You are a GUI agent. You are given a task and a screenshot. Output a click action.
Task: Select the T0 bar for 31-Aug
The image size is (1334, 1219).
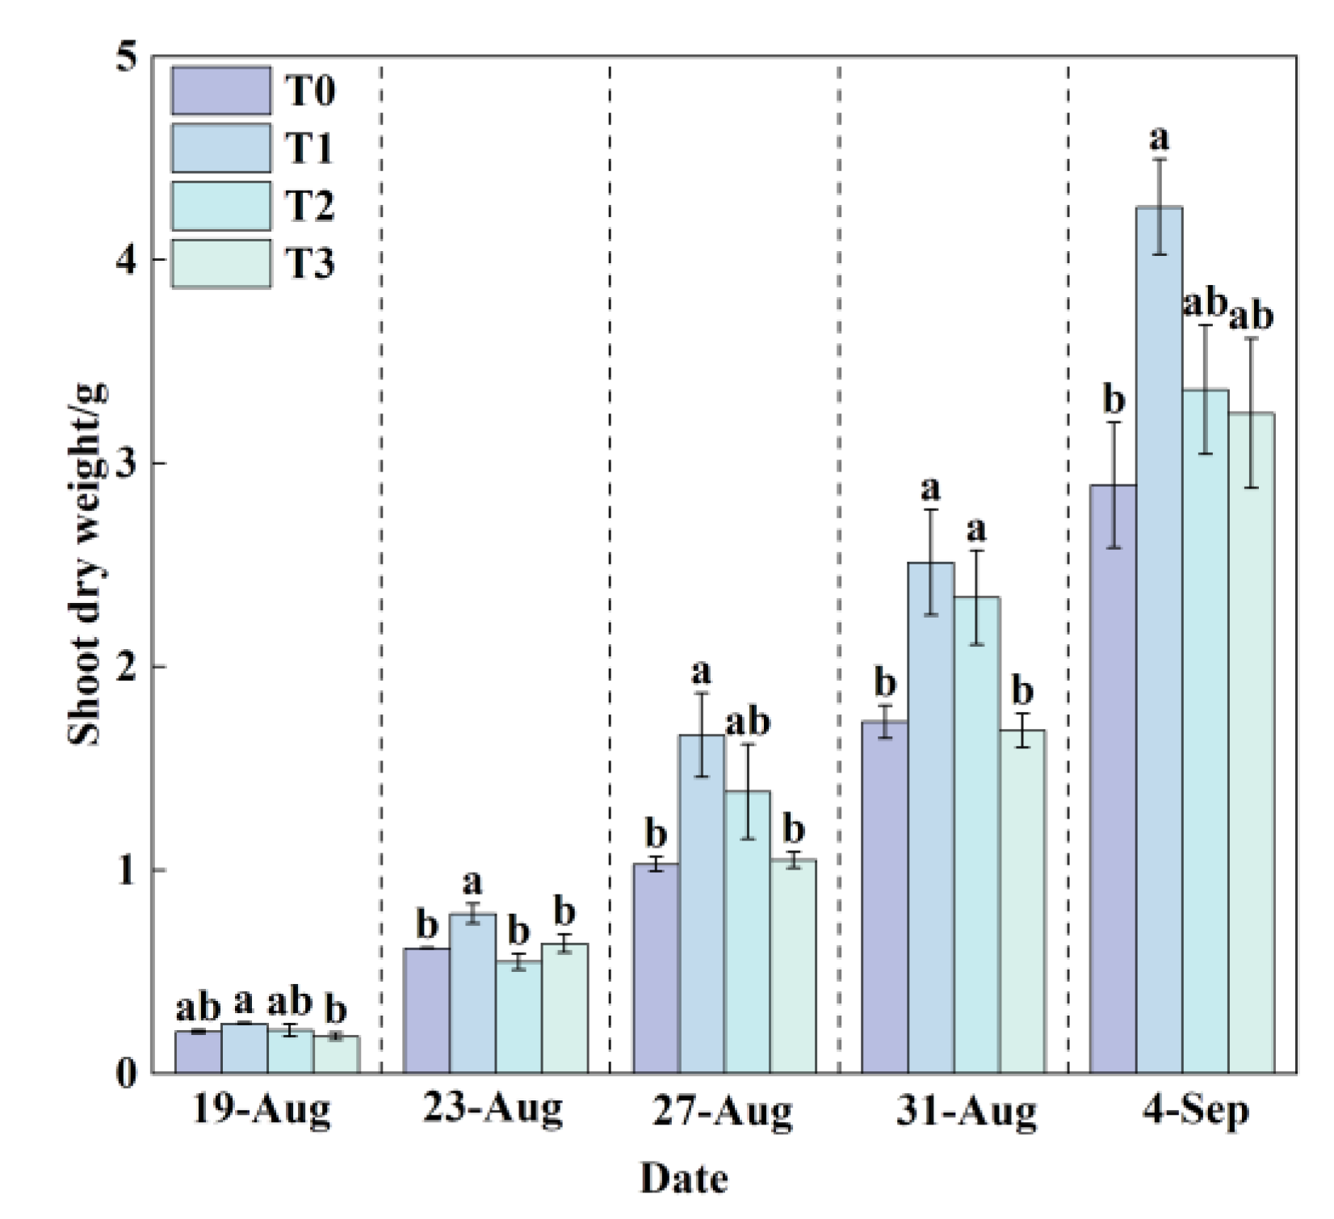885,896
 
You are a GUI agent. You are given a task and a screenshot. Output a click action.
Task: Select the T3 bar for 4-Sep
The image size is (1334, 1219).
1252,743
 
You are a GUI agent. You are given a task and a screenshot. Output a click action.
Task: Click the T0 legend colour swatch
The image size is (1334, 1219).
220,90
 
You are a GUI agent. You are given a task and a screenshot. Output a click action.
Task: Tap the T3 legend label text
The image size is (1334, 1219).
310,264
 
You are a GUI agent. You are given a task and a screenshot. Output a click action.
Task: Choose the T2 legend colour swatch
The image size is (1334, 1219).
220,207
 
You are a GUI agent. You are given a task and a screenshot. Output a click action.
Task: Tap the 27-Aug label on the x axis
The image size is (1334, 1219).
722,1112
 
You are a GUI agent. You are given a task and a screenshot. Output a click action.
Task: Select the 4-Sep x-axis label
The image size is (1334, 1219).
1196,1112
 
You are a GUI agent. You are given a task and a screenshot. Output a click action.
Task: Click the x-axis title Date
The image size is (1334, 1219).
683,1179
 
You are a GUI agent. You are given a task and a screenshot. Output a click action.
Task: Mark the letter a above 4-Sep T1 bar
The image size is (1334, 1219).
1159,139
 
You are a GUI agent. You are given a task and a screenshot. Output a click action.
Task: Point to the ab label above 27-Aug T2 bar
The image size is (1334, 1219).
747,722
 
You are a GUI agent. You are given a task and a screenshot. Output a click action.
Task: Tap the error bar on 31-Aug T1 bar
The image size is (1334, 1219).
930,563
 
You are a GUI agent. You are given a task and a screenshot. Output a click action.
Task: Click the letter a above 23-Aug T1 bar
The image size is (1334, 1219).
472,881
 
